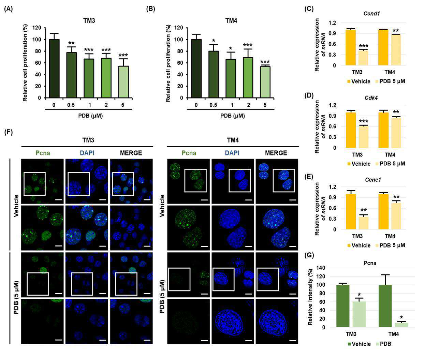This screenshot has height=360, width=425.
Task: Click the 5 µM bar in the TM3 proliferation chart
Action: [124, 82]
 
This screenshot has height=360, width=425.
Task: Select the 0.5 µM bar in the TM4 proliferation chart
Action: [214, 74]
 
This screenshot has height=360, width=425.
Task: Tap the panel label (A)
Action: [9, 9]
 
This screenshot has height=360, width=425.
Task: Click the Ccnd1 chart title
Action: [371, 14]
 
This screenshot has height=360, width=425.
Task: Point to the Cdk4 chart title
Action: [371, 97]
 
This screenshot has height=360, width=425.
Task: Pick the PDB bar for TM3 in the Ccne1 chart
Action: [364, 223]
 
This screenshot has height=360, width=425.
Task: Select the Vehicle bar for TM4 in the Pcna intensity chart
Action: [385, 306]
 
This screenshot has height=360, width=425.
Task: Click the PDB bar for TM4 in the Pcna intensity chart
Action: [401, 325]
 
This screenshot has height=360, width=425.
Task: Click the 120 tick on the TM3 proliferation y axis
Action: [37, 28]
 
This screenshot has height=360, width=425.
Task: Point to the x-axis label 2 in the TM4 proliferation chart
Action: [249, 105]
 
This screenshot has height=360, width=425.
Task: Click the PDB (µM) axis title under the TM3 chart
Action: [90, 116]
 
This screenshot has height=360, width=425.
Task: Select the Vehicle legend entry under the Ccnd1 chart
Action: [359, 81]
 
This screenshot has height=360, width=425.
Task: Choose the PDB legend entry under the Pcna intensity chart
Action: [383, 344]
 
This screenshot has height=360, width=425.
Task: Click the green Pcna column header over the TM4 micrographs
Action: [189, 153]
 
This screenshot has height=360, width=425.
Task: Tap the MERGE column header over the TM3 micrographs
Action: [131, 153]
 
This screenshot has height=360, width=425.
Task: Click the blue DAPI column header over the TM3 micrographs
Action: [87, 153]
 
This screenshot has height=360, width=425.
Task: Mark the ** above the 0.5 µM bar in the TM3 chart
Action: [71, 43]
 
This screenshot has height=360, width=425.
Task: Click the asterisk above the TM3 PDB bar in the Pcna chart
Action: [359, 295]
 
